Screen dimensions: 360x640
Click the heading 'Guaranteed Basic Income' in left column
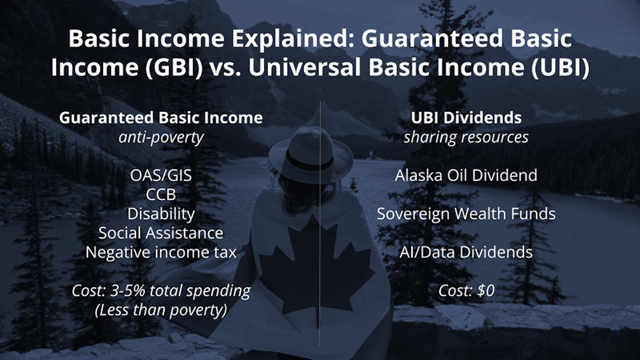[x=161, y=117]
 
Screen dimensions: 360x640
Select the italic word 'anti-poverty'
[x=161, y=137]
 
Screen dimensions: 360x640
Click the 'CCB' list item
[x=161, y=195]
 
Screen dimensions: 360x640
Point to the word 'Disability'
[x=161, y=214]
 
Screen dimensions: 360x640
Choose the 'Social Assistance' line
[x=161, y=234]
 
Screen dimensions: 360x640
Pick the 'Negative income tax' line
[x=161, y=253]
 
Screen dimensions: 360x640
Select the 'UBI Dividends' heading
[x=466, y=117]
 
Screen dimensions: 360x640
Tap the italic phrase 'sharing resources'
[x=466, y=137]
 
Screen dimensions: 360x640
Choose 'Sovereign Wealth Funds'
[x=466, y=214]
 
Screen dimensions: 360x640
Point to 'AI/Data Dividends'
[x=466, y=253]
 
